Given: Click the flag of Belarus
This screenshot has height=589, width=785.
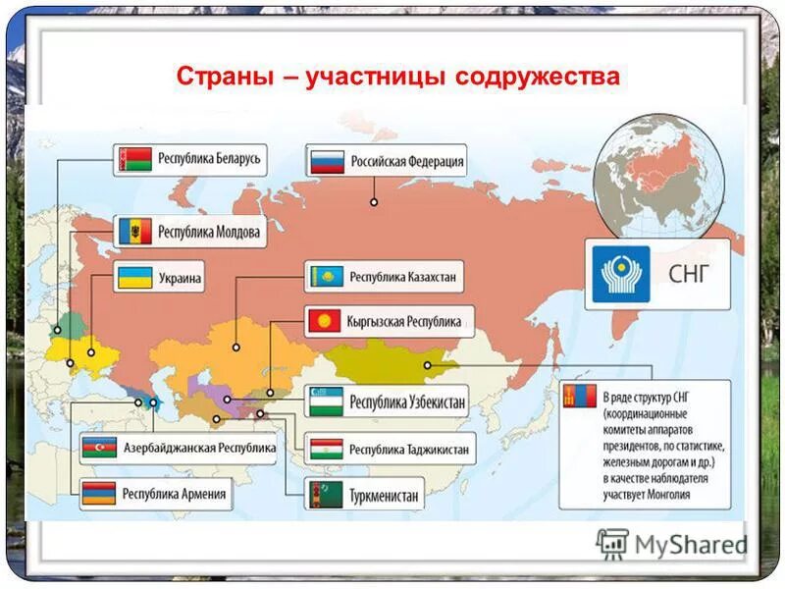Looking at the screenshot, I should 133,159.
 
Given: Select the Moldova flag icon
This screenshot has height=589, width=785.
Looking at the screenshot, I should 133,232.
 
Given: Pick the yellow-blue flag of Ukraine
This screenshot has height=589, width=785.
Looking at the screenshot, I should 133,278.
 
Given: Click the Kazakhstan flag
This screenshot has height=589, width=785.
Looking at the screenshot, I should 325,277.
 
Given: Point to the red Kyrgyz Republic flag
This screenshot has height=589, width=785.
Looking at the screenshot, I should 326,321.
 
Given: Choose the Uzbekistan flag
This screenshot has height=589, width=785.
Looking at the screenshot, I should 326,401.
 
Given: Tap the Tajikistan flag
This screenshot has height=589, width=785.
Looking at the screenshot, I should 326,450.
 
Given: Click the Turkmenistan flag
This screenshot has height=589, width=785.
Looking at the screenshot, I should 326,495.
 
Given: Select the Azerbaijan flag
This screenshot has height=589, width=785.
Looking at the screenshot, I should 100,448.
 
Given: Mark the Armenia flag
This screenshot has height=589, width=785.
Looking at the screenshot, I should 100,494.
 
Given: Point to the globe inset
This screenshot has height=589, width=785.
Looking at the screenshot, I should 661,172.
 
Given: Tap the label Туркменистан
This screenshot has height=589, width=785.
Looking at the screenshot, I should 384,496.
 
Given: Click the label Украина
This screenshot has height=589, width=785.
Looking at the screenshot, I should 177,279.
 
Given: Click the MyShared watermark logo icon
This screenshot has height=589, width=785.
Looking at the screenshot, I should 612,543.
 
